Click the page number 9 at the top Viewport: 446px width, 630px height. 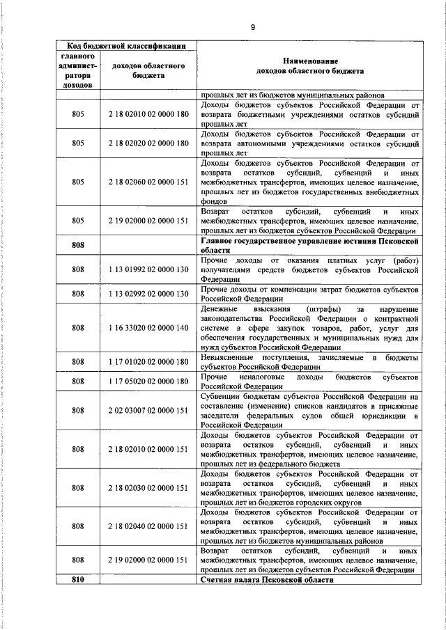click(x=253, y=26)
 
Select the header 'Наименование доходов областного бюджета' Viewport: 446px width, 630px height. click(x=309, y=66)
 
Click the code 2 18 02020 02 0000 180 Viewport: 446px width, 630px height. click(x=148, y=143)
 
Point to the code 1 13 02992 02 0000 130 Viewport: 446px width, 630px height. click(x=148, y=294)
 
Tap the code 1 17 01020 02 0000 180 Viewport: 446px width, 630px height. click(x=148, y=362)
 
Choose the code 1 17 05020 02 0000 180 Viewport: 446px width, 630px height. click(x=148, y=381)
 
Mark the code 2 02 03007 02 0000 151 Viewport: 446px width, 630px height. click(x=148, y=411)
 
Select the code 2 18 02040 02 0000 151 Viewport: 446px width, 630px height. click(x=148, y=527)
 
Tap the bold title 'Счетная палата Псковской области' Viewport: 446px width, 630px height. click(x=268, y=580)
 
